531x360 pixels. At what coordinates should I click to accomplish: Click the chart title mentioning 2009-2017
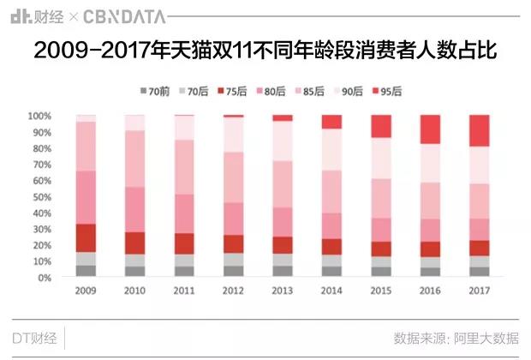pyautogui.click(x=265, y=51)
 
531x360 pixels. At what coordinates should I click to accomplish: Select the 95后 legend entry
pyautogui.click(x=386, y=91)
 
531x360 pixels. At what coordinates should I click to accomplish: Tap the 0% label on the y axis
pyautogui.click(x=46, y=279)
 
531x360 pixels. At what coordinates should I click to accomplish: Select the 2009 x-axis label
pyautogui.click(x=86, y=291)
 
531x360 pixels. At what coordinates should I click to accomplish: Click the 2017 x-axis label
pyautogui.click(x=480, y=291)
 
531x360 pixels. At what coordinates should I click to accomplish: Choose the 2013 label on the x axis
pyautogui.click(x=283, y=291)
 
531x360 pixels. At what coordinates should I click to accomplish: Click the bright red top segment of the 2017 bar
pyautogui.click(x=480, y=131)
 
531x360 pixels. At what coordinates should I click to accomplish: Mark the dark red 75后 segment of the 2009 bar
pyautogui.click(x=86, y=237)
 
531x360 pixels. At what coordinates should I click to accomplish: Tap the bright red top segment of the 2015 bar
pyautogui.click(x=381, y=126)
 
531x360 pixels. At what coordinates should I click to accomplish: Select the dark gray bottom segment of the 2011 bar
pyautogui.click(x=184, y=272)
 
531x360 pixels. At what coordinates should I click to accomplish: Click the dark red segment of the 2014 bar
pyautogui.click(x=331, y=247)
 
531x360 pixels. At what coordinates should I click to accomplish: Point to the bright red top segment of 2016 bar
pyautogui.click(x=430, y=129)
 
